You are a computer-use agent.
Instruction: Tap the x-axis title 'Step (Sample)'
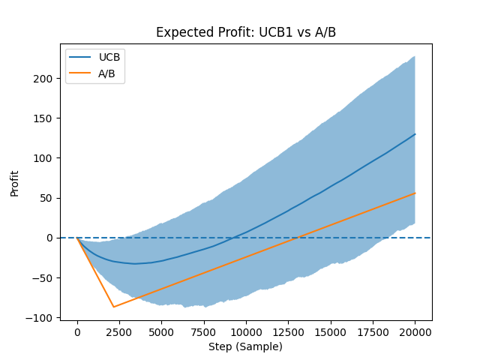[x=245, y=346]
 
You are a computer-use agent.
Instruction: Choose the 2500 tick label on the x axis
[x=119, y=331]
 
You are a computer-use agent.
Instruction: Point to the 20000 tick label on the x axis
[x=415, y=331]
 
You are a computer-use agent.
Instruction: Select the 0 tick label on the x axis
[x=77, y=331]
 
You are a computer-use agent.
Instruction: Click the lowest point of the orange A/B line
[x=114, y=307]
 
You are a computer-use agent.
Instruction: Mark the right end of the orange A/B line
[x=415, y=193]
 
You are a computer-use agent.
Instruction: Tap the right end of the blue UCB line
[x=415, y=134]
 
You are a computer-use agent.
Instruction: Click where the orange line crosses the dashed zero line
[x=298, y=238]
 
